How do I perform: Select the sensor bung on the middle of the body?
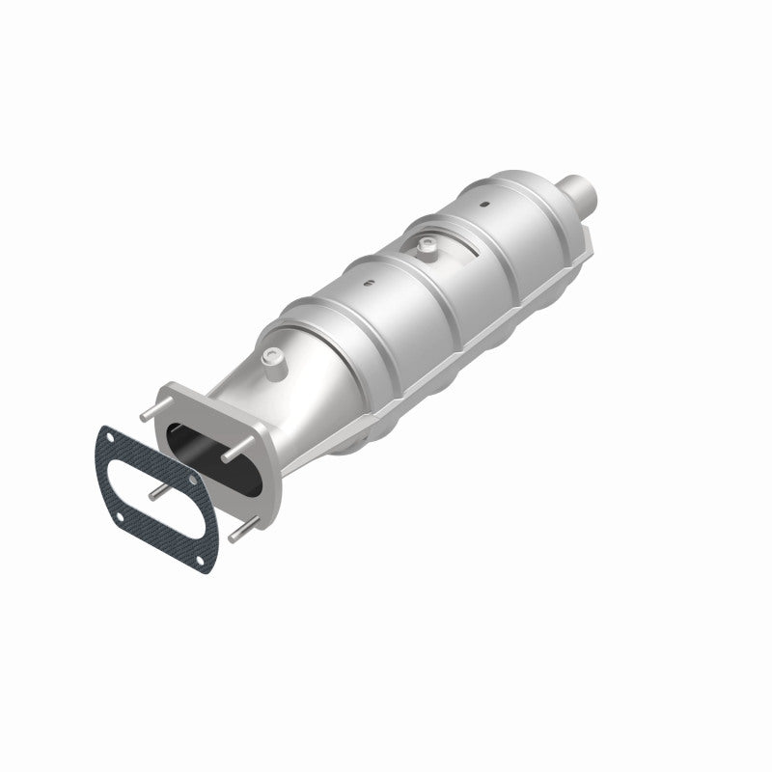click(425, 249)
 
